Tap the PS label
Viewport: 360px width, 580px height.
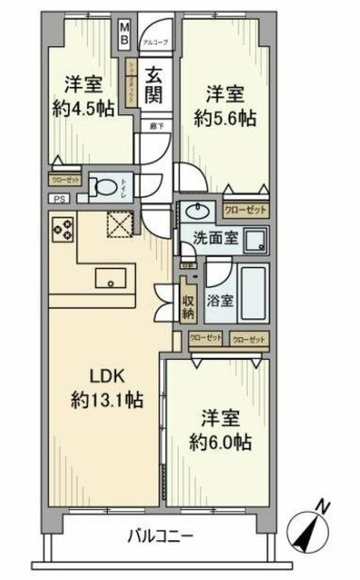(x=59, y=199)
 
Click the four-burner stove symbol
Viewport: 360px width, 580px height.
(x=62, y=230)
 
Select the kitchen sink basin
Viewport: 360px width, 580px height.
(x=111, y=277)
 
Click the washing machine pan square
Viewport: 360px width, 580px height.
(x=257, y=239)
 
